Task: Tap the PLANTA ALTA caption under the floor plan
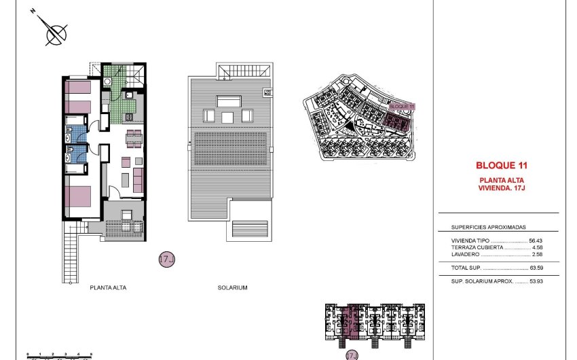click(x=108, y=288)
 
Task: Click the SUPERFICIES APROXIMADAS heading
click(x=488, y=228)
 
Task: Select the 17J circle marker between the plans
click(x=166, y=259)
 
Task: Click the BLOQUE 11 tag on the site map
click(x=402, y=107)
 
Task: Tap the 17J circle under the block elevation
click(x=351, y=355)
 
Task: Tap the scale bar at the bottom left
click(x=59, y=355)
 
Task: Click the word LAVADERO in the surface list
click(x=466, y=254)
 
